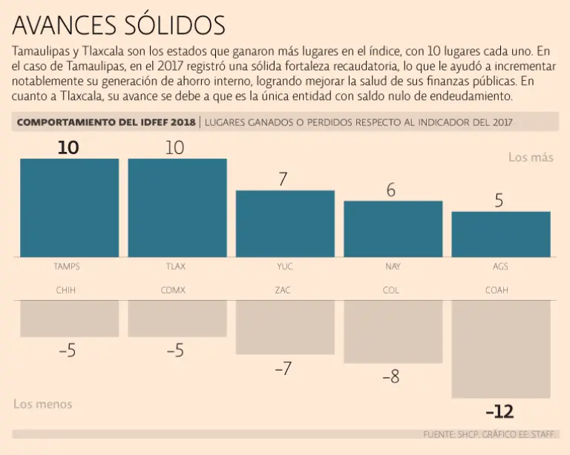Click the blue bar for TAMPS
click(69, 207)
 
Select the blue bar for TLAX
click(177, 207)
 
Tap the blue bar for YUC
click(285, 223)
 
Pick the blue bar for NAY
click(393, 228)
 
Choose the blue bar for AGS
click(501, 234)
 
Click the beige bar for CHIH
click(69, 318)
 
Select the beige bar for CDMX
click(177, 318)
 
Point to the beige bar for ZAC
click(285, 327)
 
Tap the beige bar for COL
click(393, 331)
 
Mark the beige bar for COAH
click(501, 349)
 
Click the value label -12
click(499, 412)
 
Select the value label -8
click(391, 377)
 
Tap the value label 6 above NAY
click(392, 190)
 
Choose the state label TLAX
click(175, 266)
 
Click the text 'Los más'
click(531, 158)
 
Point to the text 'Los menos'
click(43, 404)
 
